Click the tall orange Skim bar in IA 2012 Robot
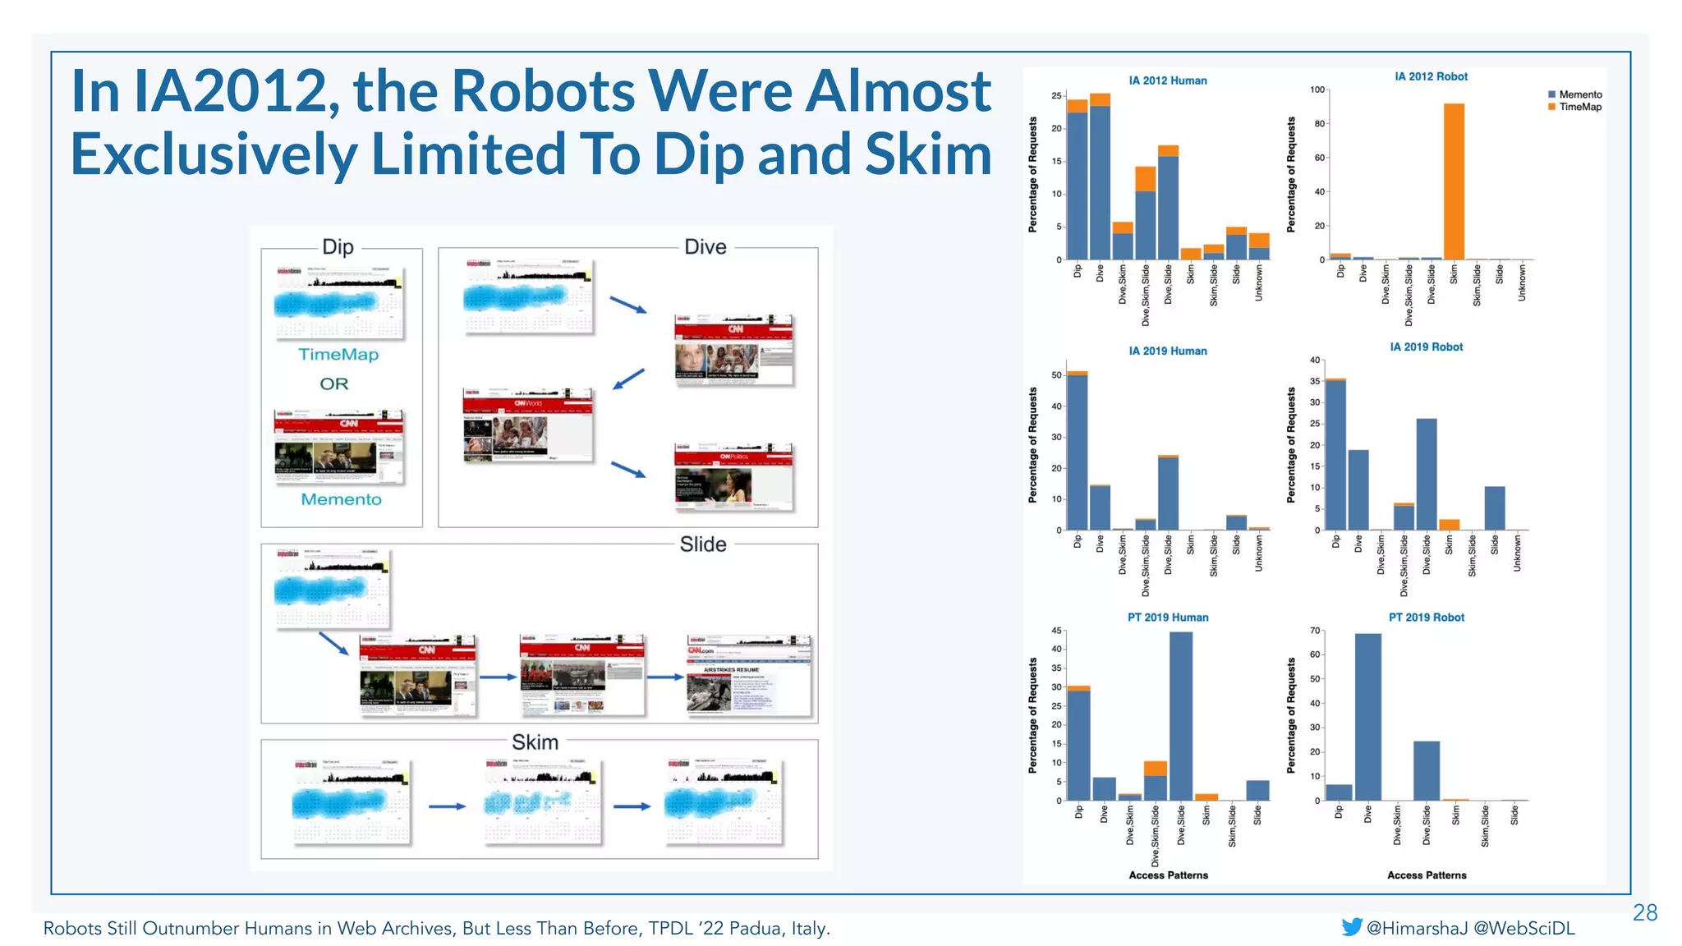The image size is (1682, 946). tap(1454, 181)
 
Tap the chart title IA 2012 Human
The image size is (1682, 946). tap(1167, 80)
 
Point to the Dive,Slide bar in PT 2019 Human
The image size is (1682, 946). tap(1181, 714)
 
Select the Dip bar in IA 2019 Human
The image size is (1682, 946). tap(1077, 452)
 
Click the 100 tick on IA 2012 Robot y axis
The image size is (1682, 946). tap(1317, 90)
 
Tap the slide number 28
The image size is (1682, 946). tap(1644, 912)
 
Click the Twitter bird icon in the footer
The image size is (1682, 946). tap(1351, 927)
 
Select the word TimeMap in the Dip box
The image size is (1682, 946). tap(338, 355)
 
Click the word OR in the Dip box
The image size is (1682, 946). tap(334, 383)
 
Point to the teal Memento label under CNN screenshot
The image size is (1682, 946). tap(341, 499)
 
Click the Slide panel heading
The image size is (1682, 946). tap(703, 544)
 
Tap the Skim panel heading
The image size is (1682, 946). tap(535, 742)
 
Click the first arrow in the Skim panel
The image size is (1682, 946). tap(447, 806)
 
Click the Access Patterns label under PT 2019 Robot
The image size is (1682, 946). tap(1427, 875)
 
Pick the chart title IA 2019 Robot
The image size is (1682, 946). tap(1426, 347)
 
